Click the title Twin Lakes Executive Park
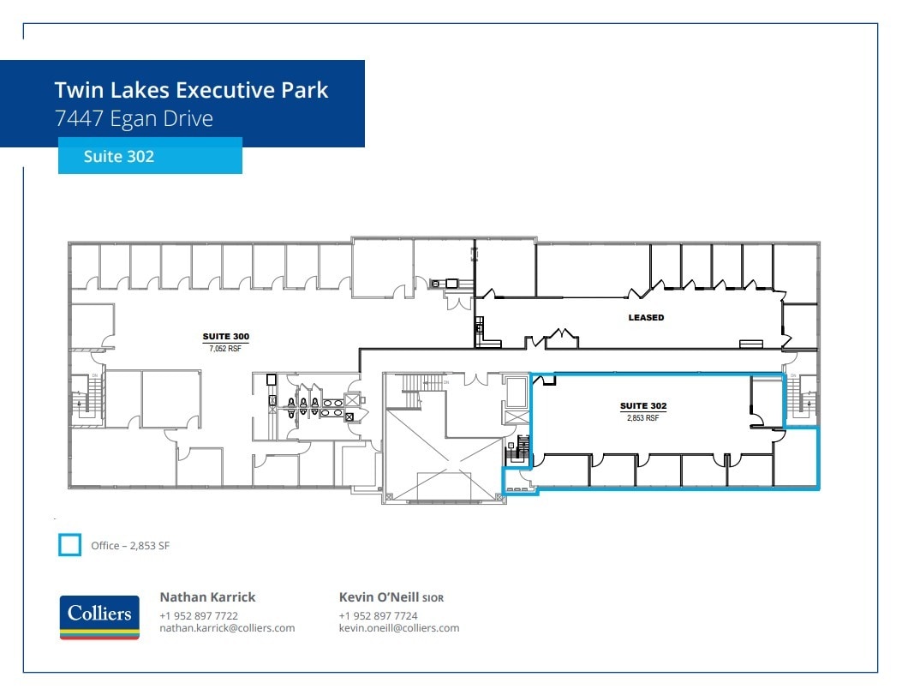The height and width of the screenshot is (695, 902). [x=191, y=90]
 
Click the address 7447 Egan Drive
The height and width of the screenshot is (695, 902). [x=133, y=118]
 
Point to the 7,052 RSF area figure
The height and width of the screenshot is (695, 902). [x=224, y=348]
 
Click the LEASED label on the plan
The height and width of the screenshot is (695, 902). [x=646, y=317]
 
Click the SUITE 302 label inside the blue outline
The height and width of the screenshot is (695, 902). [x=643, y=405]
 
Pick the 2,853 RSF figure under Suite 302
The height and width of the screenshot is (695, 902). [x=643, y=417]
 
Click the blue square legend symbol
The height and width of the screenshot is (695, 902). [x=69, y=544]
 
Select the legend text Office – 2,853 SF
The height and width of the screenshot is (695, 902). [x=130, y=545]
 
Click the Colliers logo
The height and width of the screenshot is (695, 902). [x=99, y=617]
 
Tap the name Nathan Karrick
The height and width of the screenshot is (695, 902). [x=207, y=597]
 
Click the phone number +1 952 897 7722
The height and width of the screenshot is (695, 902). [x=199, y=615]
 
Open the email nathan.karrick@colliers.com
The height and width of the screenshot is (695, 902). [x=227, y=628]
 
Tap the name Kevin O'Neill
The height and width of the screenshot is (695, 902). [x=379, y=597]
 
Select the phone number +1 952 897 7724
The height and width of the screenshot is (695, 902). [x=378, y=615]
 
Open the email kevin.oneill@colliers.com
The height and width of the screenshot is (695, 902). [x=399, y=628]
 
